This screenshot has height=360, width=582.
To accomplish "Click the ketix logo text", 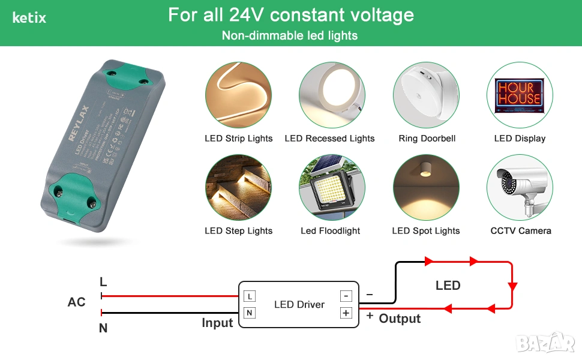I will click(29, 18).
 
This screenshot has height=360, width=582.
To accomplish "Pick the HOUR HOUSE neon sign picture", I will click(520, 95).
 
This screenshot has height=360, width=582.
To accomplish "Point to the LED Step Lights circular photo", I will click(238, 188).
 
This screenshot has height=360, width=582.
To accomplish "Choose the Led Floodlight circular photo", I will click(332, 188).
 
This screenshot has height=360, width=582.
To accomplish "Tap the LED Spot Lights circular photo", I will click(426, 188).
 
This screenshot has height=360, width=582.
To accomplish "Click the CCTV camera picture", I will click(520, 188).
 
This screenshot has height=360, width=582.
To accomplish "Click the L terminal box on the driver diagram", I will click(250, 296).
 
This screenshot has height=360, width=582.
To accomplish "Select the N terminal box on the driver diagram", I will click(250, 313).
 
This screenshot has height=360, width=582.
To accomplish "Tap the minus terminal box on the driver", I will click(346, 296).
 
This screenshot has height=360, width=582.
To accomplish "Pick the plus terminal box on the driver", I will click(346, 313).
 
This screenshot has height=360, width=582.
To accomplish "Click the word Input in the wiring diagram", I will click(217, 323).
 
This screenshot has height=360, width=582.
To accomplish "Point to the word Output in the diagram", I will click(400, 319).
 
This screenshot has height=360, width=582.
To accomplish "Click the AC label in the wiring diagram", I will click(76, 302).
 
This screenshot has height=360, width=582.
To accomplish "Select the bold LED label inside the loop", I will click(448, 286).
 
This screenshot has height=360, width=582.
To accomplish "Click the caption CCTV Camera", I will click(520, 230).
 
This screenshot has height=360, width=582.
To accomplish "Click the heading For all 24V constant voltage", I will click(291, 15).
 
